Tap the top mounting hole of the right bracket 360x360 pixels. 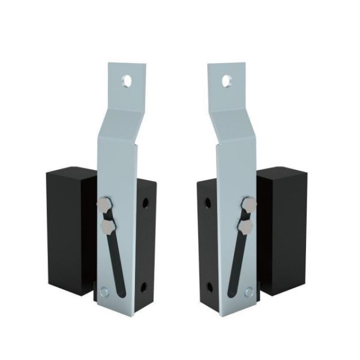coord(227,80)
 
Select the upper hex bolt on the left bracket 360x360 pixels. coord(104,205)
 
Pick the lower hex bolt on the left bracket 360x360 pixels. coord(109,226)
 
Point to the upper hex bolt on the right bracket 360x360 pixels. coord(248,205)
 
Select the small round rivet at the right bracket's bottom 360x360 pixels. coord(248,292)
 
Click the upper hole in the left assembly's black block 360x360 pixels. coord(145,203)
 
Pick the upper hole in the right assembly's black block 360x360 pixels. coord(208,203)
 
